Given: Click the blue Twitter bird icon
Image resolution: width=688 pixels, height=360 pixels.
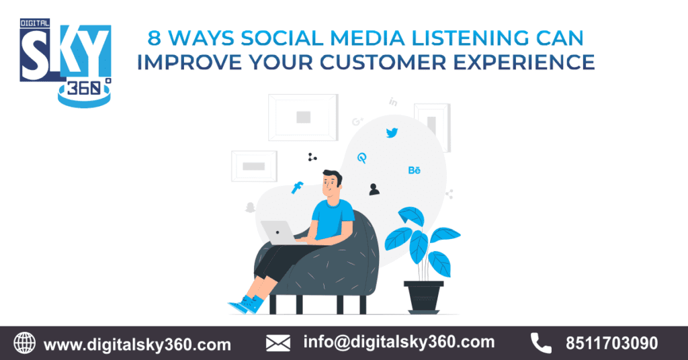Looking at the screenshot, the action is (x=392, y=132).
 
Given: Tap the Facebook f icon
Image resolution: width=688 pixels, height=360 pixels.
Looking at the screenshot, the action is (x=298, y=187).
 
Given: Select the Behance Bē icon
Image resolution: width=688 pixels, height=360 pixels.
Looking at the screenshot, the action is (x=414, y=170).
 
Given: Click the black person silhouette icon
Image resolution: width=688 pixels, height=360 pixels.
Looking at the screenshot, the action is (x=374, y=189).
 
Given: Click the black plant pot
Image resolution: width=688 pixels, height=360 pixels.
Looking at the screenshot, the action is (x=423, y=297).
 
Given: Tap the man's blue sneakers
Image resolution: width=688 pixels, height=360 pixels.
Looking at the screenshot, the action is (x=247, y=304).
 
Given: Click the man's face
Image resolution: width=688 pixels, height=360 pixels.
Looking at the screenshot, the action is (x=331, y=185).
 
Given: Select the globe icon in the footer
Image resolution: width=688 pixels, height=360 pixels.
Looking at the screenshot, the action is (x=25, y=343).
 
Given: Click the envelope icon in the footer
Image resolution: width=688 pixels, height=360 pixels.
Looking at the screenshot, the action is (x=277, y=343).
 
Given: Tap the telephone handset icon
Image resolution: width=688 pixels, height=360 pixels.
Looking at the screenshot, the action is (x=541, y=343).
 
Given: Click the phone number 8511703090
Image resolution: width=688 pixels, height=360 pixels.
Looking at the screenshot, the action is (x=611, y=343).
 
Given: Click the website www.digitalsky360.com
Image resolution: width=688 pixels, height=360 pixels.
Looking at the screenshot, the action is (x=137, y=345).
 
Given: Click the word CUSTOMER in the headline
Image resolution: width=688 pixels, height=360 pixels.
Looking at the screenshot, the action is (x=382, y=62).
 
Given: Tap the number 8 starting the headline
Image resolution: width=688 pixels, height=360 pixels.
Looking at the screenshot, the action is (x=154, y=38).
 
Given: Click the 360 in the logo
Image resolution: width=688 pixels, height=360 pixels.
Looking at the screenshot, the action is (x=84, y=89).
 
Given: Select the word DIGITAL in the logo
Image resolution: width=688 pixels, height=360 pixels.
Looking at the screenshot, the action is (x=35, y=24).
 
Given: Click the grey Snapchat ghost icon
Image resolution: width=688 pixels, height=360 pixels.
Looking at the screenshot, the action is (x=250, y=208).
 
